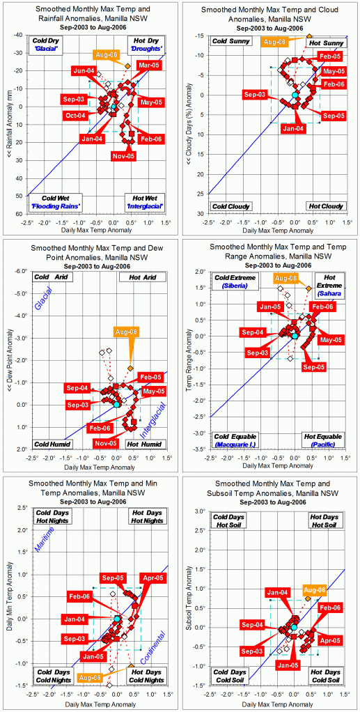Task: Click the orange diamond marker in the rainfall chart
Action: click(x=127, y=65)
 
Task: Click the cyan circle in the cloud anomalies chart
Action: click(x=295, y=94)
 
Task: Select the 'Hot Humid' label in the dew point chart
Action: click(x=145, y=444)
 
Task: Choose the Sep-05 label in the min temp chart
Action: click(x=112, y=578)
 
